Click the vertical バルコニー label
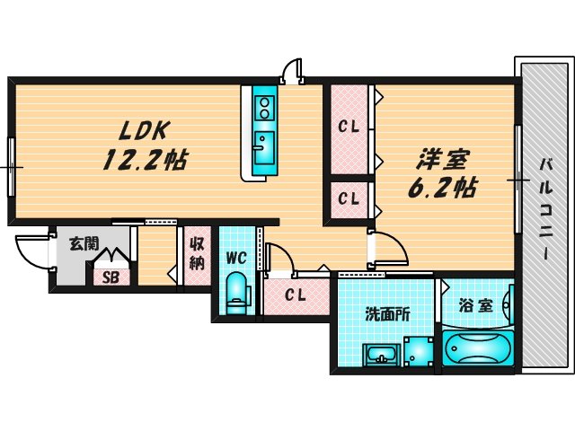point(545,210)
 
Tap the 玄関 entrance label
point(84,242)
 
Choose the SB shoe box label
point(110,276)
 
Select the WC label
point(236,259)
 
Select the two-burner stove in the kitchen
point(265,109)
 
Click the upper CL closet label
point(349,128)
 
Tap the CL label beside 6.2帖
point(349,198)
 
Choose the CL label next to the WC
point(295,295)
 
